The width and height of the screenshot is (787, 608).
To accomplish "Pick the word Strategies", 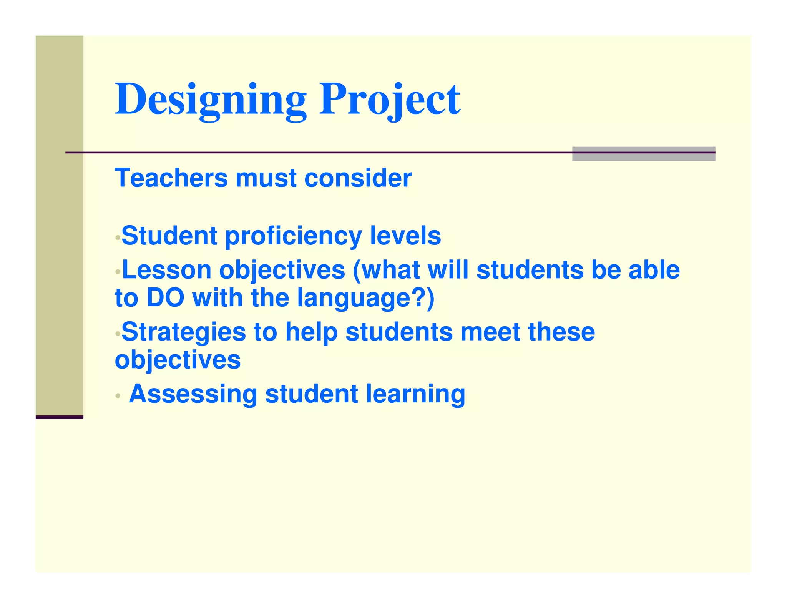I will click(x=184, y=332).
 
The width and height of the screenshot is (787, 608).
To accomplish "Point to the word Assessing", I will click(x=193, y=394).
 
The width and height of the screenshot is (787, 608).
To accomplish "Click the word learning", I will click(x=415, y=394).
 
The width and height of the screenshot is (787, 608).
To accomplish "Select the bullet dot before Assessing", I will click(x=118, y=395).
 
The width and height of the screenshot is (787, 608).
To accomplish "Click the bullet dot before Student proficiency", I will click(x=118, y=238).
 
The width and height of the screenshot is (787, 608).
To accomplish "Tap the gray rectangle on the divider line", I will click(x=643, y=154).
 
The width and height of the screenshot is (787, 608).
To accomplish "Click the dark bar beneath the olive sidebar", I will click(x=60, y=417).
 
